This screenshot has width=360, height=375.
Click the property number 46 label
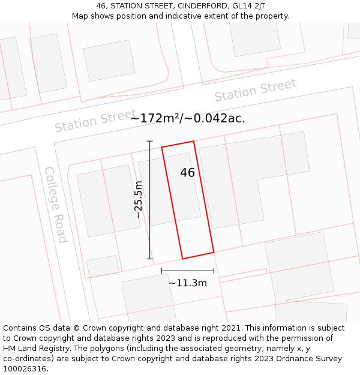[x=187, y=173]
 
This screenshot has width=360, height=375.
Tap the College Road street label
[x=55, y=205]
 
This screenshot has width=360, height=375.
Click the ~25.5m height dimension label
[x=139, y=199]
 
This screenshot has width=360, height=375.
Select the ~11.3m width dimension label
[x=187, y=283]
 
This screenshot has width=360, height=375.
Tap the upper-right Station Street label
[x=255, y=91]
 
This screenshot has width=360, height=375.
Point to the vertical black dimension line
[x=150, y=200]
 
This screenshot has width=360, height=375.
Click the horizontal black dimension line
[x=187, y=271]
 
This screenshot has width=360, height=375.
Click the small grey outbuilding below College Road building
[x=103, y=266]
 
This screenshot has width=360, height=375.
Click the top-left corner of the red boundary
[x=162, y=147]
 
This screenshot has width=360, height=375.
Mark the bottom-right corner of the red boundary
[x=214, y=252]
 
